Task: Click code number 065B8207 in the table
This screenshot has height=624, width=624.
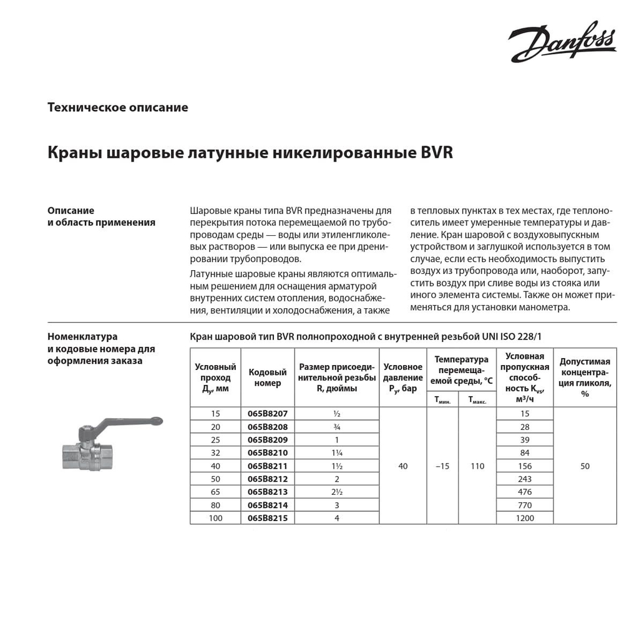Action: tap(268, 414)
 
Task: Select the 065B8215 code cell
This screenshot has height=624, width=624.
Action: tap(268, 518)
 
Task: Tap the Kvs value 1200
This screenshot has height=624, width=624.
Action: tap(525, 518)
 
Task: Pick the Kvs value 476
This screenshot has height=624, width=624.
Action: tap(525, 492)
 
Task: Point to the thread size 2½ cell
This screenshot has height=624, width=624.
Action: tap(336, 492)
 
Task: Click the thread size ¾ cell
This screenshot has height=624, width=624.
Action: tap(336, 427)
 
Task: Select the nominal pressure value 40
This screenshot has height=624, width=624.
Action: tap(403, 466)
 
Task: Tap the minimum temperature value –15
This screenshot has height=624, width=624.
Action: tap(442, 466)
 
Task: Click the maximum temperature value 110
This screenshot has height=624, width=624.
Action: tap(477, 466)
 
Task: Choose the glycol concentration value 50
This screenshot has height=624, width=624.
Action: tap(585, 466)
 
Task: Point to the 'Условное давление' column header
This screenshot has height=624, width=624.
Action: tap(403, 378)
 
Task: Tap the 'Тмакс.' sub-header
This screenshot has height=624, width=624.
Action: tap(477, 400)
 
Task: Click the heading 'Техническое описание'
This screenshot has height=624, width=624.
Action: tap(118, 107)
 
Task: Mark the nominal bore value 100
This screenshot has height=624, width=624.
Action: tap(215, 518)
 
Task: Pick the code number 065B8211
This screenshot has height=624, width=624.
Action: tap(268, 466)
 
